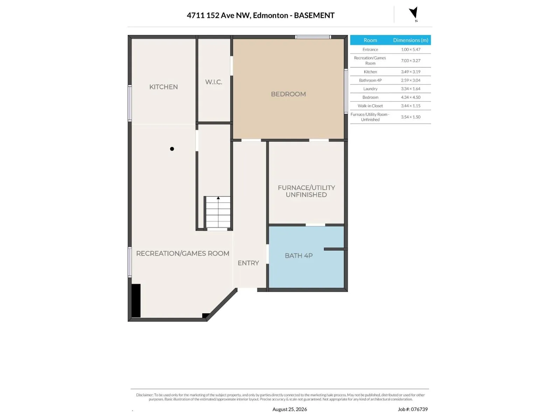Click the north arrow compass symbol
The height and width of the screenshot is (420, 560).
click(414, 13)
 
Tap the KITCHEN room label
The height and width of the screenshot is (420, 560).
click(163, 87)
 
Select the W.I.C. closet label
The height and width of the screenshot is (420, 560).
click(213, 82)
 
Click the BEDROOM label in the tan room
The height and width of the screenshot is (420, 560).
click(288, 94)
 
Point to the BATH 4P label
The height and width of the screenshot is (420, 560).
click(299, 255)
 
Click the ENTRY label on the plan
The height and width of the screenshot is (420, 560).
click(248, 263)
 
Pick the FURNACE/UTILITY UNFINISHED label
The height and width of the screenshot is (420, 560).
click(306, 191)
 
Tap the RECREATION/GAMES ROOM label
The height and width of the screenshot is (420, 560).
click(183, 253)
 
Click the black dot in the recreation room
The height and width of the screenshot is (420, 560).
click(172, 149)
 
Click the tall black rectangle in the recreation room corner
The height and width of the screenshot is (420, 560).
click(136, 301)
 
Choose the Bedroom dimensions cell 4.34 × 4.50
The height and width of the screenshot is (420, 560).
click(411, 97)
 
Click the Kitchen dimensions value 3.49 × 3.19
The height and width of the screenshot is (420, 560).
click(411, 72)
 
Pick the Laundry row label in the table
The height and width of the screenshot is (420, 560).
click(370, 89)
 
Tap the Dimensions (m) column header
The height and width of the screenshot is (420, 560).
click(411, 40)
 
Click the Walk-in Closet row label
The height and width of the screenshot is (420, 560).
click(370, 106)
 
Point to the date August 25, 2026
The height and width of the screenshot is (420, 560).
click(289, 409)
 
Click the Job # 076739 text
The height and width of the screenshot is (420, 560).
click(413, 409)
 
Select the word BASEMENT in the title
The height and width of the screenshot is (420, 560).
click(314, 15)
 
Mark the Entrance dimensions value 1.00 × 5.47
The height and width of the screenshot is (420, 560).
click(411, 49)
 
